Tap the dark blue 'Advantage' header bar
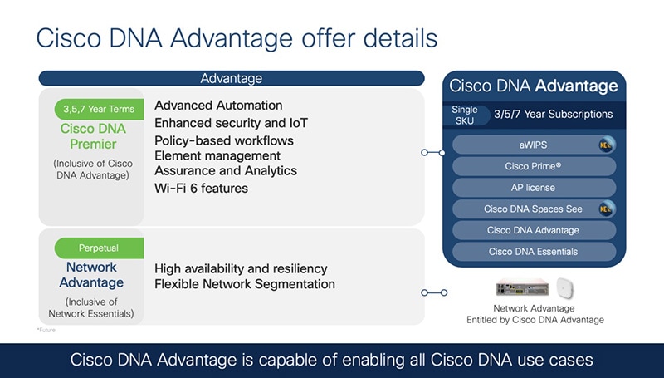click(x=231, y=78)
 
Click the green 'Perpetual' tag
click(x=99, y=248)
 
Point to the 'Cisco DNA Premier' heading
click(x=93, y=137)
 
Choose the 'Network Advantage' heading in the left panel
click(x=91, y=275)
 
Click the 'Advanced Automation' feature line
click(x=218, y=106)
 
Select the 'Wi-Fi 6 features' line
click(x=201, y=189)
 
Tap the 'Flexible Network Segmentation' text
click(x=245, y=284)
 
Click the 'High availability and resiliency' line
click(x=241, y=268)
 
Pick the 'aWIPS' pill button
click(x=534, y=145)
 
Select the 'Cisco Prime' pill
click(x=534, y=166)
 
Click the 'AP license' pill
click(x=534, y=188)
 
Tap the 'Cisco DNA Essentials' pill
click(x=534, y=252)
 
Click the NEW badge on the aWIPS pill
click(x=606, y=145)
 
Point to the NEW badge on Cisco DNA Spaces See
click(x=606, y=209)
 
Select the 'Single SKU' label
click(x=465, y=115)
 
